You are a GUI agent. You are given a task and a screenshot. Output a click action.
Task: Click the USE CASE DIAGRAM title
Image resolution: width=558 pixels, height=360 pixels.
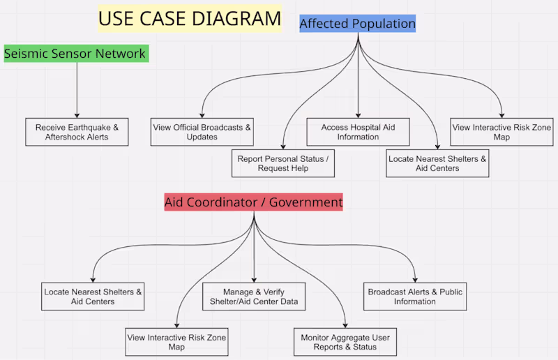[x=190, y=19]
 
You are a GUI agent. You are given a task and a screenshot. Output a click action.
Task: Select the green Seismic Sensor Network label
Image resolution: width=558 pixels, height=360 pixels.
[x=76, y=54]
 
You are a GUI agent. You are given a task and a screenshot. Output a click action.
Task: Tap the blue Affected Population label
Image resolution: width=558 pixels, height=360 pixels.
[x=357, y=24]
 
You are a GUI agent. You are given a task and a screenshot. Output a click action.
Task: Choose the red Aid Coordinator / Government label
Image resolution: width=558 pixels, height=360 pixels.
[x=253, y=202]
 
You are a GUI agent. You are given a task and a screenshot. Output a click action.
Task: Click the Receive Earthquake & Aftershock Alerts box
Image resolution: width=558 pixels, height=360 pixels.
[x=77, y=132]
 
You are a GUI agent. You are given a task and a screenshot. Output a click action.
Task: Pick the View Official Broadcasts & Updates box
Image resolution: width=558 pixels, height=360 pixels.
[x=202, y=132]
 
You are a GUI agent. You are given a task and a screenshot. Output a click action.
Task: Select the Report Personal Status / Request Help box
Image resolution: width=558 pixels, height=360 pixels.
[x=283, y=163]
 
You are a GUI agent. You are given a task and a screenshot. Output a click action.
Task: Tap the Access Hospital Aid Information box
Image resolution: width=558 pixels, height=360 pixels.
[x=358, y=132]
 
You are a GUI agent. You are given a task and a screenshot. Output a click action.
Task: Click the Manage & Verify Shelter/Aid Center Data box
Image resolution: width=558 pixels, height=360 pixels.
[x=254, y=297]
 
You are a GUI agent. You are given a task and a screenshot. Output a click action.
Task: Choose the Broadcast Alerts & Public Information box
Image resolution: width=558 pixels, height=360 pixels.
[x=415, y=297]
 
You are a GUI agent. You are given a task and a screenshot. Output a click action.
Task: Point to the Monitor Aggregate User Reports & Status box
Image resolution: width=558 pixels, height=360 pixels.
[x=345, y=342]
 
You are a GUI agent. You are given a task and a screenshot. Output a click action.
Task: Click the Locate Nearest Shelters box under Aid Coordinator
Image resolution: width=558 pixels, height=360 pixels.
[x=93, y=297]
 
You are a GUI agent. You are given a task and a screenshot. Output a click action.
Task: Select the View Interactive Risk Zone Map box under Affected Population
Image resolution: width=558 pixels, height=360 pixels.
[x=502, y=132]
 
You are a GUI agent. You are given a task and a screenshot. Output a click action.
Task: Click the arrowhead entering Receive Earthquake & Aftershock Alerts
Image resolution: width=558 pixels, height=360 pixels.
[x=77, y=116]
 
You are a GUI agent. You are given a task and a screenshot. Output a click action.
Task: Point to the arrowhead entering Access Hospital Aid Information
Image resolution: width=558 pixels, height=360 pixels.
[x=358, y=116]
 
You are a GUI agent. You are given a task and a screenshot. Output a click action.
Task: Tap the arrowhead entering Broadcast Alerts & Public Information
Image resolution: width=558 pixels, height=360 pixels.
[x=415, y=280]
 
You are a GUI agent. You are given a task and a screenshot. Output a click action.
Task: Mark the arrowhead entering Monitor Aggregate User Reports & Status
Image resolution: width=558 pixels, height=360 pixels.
[x=345, y=326]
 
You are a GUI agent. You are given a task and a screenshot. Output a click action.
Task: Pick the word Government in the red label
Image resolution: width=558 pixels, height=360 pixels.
[x=306, y=202]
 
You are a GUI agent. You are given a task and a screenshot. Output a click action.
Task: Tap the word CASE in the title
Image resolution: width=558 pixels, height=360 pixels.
[x=162, y=19]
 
